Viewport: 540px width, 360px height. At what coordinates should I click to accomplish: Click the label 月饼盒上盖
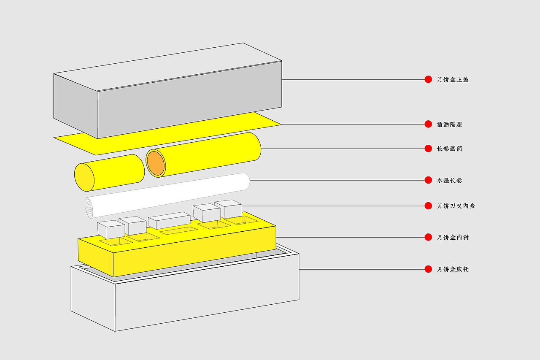pos(453,80)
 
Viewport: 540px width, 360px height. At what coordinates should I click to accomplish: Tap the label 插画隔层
pos(449,125)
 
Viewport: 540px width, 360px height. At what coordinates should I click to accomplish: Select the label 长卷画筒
pos(449,149)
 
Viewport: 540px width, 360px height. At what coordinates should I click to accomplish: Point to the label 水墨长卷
pos(449,180)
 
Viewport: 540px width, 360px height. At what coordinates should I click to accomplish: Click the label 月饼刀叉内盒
pos(456,206)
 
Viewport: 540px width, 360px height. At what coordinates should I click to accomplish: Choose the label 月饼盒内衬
pos(453,238)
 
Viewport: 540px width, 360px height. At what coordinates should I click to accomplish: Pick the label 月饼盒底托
pos(453,269)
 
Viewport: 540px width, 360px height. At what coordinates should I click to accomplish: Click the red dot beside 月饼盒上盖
pos(428,79)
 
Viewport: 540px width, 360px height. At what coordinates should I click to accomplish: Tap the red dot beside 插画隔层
pos(428,124)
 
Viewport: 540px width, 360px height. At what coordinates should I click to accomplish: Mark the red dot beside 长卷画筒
pos(428,149)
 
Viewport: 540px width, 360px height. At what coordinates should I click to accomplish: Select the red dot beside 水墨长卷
pos(428,180)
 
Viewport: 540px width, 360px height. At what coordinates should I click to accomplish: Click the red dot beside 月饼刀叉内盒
pos(428,206)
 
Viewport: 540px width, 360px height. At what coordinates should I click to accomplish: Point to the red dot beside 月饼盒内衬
pos(428,237)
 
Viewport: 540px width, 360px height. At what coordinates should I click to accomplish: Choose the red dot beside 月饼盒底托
pos(428,269)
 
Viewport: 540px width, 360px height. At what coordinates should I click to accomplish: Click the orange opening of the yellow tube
pos(156,163)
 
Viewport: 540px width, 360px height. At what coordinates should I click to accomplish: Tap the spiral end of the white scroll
pos(89,208)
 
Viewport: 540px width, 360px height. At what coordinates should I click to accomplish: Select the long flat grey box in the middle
pos(169,220)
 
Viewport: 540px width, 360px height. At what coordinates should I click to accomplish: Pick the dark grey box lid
pos(167,91)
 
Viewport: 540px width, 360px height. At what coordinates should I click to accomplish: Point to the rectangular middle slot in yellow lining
pos(178,230)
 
